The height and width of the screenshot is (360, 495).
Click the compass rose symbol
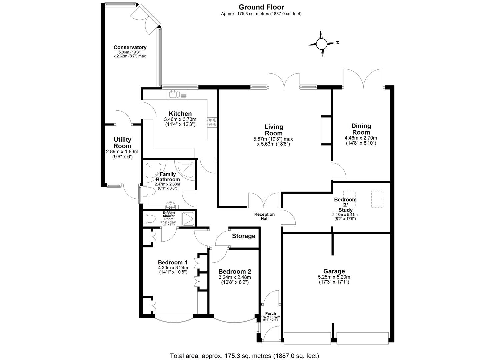(322, 44)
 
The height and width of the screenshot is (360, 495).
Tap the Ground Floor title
(261, 7)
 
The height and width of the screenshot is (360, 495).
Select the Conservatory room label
(130, 47)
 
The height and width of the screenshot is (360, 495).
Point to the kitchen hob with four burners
(212, 122)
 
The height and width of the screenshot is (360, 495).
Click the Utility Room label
(122, 143)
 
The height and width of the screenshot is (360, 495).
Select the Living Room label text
(274, 130)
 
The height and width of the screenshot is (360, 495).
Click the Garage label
(334, 271)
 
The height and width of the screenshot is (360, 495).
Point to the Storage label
(243, 236)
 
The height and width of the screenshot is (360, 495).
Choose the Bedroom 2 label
(234, 271)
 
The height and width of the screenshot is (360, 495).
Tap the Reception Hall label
(264, 216)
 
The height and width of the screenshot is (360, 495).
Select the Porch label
(270, 313)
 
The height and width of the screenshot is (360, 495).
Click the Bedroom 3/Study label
(345, 205)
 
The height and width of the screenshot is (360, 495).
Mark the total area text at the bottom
(244, 356)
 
